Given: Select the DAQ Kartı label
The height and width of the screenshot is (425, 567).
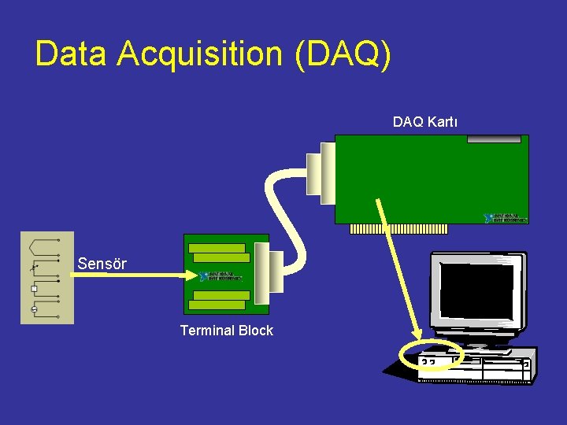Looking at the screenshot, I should click(x=425, y=122).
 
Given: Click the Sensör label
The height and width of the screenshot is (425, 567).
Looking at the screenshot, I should click(x=102, y=264).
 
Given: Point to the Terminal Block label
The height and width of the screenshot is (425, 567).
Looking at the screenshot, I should click(x=226, y=331).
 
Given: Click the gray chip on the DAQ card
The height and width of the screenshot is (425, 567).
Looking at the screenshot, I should click(x=494, y=139).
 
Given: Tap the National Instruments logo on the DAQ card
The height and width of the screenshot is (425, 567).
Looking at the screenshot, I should click(x=506, y=216).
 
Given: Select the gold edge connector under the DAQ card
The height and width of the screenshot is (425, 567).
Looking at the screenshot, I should click(x=398, y=229).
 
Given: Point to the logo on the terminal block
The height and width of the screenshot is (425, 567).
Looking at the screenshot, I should click(x=220, y=276).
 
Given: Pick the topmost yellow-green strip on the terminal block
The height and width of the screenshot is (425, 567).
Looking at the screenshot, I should click(x=218, y=248).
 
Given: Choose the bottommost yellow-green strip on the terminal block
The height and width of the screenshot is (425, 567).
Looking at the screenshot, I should click(x=218, y=305).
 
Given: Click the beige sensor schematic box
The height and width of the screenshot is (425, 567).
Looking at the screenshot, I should click(x=47, y=277).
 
